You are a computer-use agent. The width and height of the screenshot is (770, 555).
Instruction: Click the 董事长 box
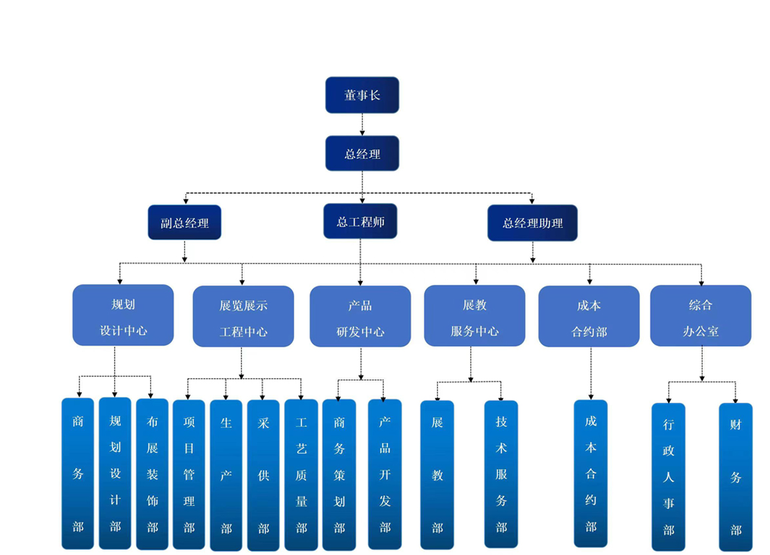pyautogui.click(x=362, y=95)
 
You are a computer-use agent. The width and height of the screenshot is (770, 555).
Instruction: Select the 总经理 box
pyautogui.click(x=362, y=153)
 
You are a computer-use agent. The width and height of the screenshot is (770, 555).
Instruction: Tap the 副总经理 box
pyautogui.click(x=184, y=223)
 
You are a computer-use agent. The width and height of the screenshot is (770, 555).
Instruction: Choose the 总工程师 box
pyautogui.click(x=361, y=221)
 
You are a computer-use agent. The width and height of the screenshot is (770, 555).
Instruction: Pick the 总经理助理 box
pyautogui.click(x=532, y=223)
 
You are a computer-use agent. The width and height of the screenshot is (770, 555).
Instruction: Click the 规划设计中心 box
pyautogui.click(x=123, y=316)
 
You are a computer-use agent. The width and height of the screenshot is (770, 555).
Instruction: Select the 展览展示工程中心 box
pyautogui.click(x=243, y=317)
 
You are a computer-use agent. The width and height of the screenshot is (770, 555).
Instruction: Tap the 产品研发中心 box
pyautogui.click(x=360, y=317)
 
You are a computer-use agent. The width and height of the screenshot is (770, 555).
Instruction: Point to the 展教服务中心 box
pyautogui.click(x=475, y=316)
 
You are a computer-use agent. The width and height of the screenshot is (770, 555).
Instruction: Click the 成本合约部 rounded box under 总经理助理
pyautogui.click(x=589, y=317)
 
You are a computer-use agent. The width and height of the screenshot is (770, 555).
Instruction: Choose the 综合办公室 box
pyautogui.click(x=701, y=316)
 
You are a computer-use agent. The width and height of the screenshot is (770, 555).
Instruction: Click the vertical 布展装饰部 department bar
pyautogui.click(x=152, y=474)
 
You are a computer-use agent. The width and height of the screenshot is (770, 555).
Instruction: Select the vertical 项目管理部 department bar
pyautogui.click(x=189, y=474)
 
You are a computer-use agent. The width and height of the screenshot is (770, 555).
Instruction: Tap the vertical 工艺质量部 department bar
pyautogui.click(x=301, y=474)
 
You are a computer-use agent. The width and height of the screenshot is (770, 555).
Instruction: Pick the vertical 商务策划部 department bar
pyautogui.click(x=339, y=474)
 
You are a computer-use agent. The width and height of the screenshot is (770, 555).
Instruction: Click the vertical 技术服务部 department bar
pyautogui.click(x=501, y=474)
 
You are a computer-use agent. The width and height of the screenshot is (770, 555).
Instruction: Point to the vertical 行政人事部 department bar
pyautogui.click(x=669, y=476)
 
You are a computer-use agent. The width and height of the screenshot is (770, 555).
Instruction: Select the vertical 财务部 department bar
pyautogui.click(x=735, y=476)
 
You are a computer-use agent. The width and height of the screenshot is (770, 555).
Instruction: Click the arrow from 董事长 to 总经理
pyautogui.click(x=362, y=124)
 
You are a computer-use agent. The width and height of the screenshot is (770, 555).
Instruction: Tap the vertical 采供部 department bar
pyautogui.click(x=263, y=474)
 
